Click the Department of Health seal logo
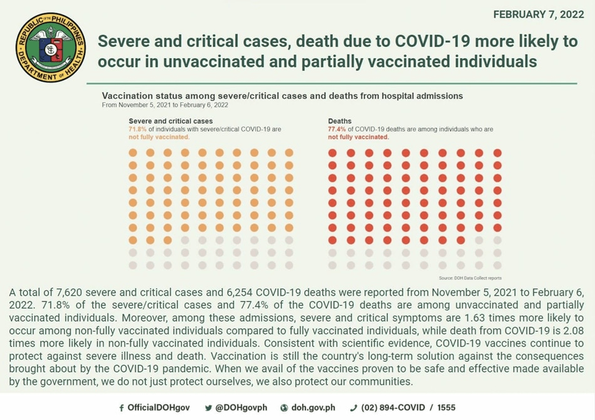[51, 47]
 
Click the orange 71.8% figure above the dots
[137, 129]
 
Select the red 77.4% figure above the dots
[336, 129]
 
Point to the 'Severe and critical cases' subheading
[170, 121]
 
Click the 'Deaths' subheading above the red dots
[339, 121]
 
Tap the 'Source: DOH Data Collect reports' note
[470, 278]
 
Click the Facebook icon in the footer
[122, 408]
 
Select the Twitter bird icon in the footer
[208, 408]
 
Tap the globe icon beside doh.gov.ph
[284, 408]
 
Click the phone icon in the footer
[353, 408]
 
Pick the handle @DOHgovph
[241, 407]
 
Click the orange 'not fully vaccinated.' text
[159, 137]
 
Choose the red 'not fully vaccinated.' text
[358, 137]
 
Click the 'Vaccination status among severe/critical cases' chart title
[282, 96]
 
